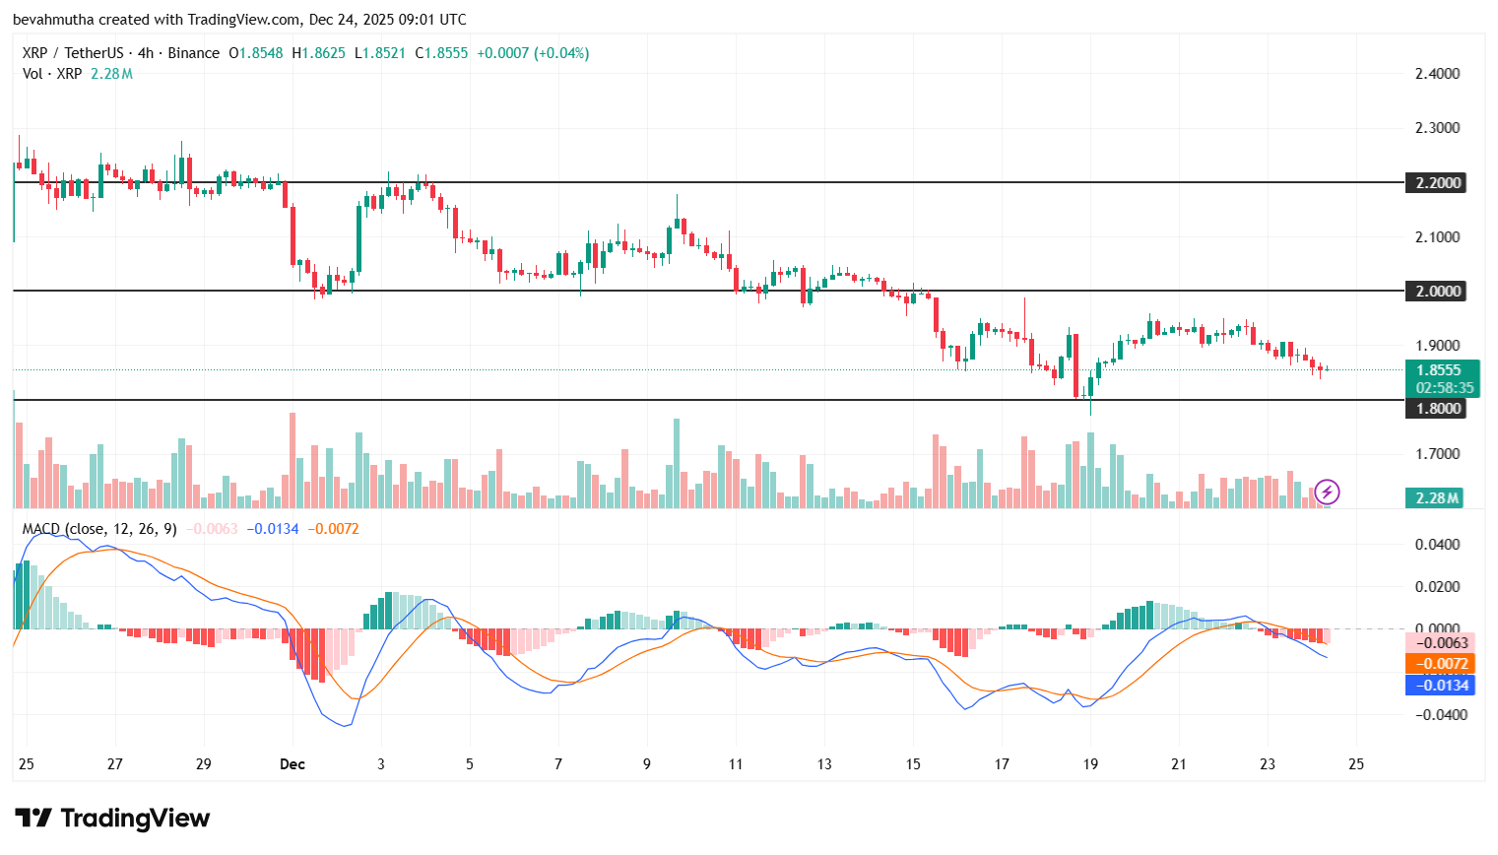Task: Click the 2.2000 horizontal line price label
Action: pyautogui.click(x=1438, y=182)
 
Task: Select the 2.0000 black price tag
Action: pyautogui.click(x=1438, y=291)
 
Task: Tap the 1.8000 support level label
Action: pyautogui.click(x=1438, y=408)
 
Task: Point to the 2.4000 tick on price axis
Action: pyautogui.click(x=1437, y=74)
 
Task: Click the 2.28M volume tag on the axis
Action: pyautogui.click(x=1437, y=497)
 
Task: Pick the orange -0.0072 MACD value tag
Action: pyautogui.click(x=1439, y=664)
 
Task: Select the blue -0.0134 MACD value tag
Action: pyautogui.click(x=1439, y=685)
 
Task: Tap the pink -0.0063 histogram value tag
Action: pyautogui.click(x=1439, y=643)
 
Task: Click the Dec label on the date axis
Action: pyautogui.click(x=293, y=764)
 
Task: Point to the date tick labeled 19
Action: pyautogui.click(x=1090, y=764)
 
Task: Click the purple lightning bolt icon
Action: pyautogui.click(x=1327, y=492)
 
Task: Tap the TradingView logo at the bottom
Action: pyautogui.click(x=112, y=819)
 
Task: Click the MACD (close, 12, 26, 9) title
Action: pyautogui.click(x=99, y=529)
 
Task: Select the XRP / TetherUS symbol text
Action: pyautogui.click(x=73, y=53)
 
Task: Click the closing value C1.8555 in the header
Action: pyautogui.click(x=441, y=53)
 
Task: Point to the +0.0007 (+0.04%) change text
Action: pyautogui.click(x=533, y=53)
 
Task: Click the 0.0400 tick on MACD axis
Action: pyautogui.click(x=1437, y=545)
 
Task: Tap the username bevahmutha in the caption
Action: pyautogui.click(x=53, y=20)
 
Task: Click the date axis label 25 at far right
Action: pyautogui.click(x=1356, y=764)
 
